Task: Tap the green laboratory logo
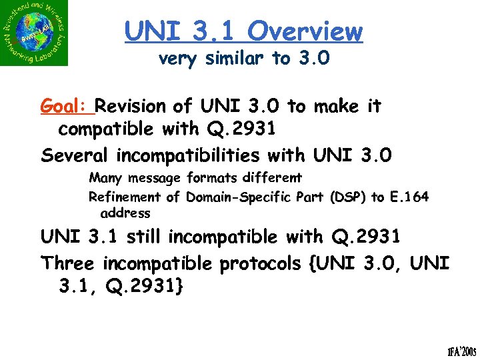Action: (x=35, y=33)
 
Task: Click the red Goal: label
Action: (x=67, y=107)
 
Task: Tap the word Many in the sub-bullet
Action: (x=105, y=179)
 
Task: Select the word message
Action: (x=153, y=179)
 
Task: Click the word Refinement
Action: (x=125, y=197)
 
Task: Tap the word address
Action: (x=125, y=213)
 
